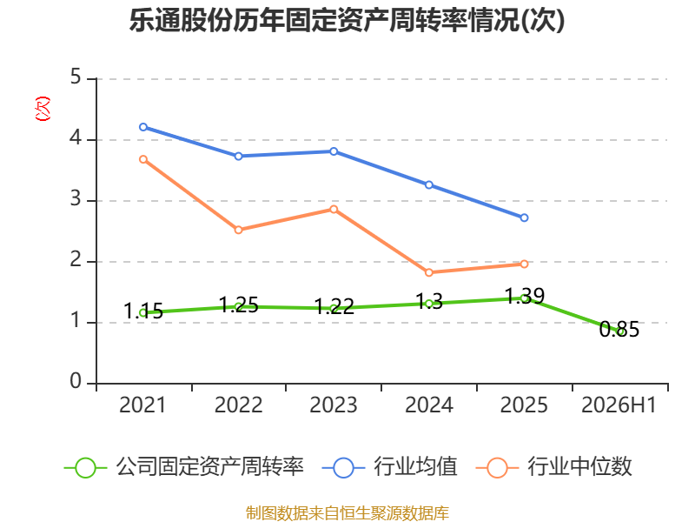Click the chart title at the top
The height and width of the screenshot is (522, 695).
click(347, 20)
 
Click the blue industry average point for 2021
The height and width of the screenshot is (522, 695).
click(143, 127)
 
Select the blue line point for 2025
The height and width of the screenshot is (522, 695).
click(524, 217)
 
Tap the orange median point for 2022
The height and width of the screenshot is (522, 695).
click(238, 230)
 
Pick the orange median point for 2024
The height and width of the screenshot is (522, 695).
click(428, 272)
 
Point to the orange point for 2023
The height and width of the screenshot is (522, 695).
click(334, 209)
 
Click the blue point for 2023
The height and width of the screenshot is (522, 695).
click(334, 151)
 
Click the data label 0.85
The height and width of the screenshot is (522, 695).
click(619, 330)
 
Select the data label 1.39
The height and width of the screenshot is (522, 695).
click(525, 296)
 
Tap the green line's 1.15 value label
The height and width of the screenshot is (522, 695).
click(143, 311)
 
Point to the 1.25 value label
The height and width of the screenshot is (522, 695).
click(238, 304)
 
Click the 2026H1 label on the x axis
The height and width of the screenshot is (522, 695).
click(619, 405)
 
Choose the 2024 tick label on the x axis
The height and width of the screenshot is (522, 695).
click(428, 405)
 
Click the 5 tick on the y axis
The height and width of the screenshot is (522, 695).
click(76, 77)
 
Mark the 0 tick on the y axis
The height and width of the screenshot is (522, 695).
click(76, 381)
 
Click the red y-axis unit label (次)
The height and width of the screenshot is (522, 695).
click(43, 109)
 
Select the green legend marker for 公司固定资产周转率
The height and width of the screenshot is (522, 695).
click(85, 468)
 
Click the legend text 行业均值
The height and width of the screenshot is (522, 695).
click(415, 466)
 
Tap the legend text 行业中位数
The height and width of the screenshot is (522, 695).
click(579, 466)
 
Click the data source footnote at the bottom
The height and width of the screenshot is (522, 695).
click(347, 513)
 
